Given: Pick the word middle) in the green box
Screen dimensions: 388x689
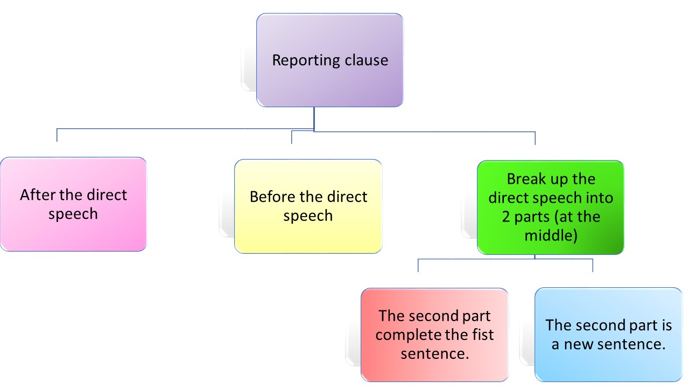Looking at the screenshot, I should (x=551, y=235).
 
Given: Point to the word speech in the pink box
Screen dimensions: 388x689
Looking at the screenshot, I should (x=73, y=214).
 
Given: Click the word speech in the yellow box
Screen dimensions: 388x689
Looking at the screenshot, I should (x=308, y=216).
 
